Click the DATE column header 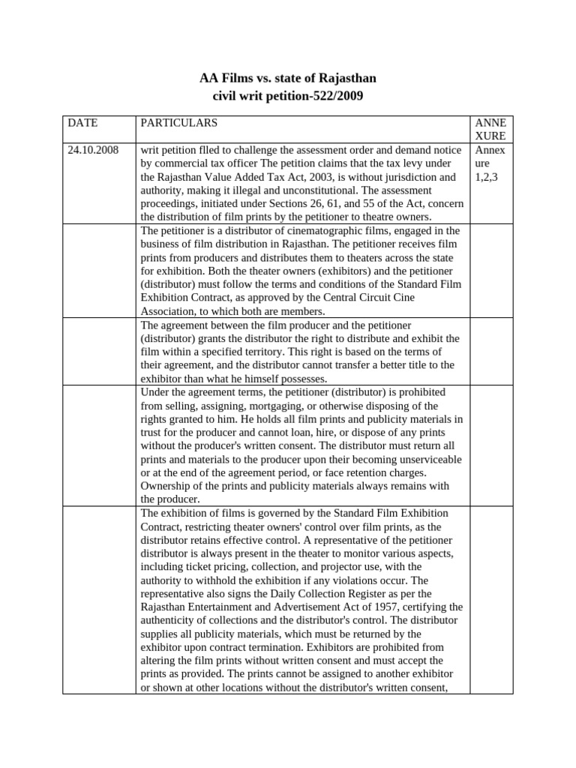point(82,122)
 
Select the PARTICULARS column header point(179,122)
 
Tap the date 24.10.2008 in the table point(93,150)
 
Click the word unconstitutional point(319,190)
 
